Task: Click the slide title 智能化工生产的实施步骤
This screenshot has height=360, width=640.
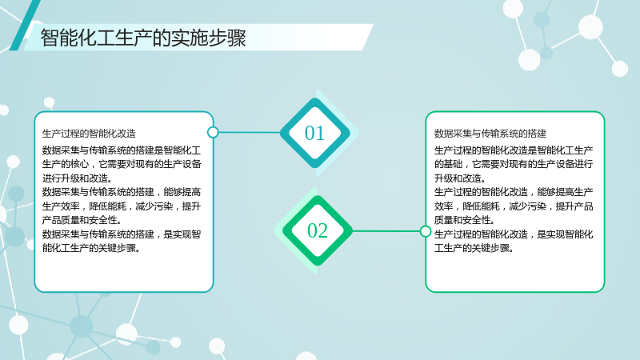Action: (x=143, y=38)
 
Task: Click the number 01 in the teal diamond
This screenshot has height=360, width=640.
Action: (x=314, y=133)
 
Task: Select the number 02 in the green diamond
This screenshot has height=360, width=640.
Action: (x=317, y=230)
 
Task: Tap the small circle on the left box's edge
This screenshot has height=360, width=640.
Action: (x=213, y=132)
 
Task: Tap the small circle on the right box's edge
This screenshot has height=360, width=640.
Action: (x=426, y=231)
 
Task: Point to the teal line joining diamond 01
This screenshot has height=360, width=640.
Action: (x=250, y=132)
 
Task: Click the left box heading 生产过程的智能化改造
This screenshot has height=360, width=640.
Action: (x=89, y=134)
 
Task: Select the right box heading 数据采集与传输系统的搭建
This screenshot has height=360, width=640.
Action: (x=490, y=134)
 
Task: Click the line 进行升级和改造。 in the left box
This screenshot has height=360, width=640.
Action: (x=77, y=178)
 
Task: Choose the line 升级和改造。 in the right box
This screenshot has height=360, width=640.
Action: (x=460, y=178)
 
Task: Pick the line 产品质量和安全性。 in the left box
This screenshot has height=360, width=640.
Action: (x=82, y=221)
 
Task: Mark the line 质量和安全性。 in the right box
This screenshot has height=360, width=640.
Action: (x=465, y=221)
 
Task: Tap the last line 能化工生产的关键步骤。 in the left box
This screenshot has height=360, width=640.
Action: (x=91, y=248)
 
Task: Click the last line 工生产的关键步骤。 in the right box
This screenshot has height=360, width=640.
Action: (x=474, y=248)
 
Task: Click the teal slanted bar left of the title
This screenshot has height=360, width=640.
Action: (x=25, y=26)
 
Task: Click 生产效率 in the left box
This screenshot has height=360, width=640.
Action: (x=61, y=206)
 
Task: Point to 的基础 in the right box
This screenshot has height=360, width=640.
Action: (x=448, y=164)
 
